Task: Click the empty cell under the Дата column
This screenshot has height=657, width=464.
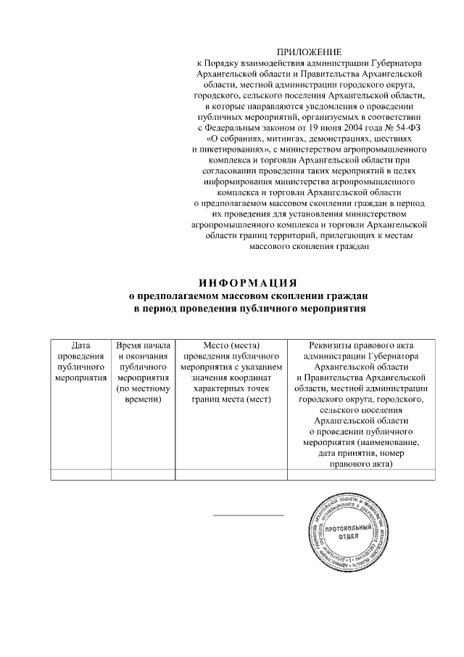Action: click(80, 475)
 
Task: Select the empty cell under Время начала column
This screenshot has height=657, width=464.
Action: click(143, 475)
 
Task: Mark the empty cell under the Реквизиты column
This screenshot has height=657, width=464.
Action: click(361, 475)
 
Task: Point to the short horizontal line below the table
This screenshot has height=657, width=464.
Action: click(249, 515)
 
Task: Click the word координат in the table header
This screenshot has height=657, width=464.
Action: click(246, 378)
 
